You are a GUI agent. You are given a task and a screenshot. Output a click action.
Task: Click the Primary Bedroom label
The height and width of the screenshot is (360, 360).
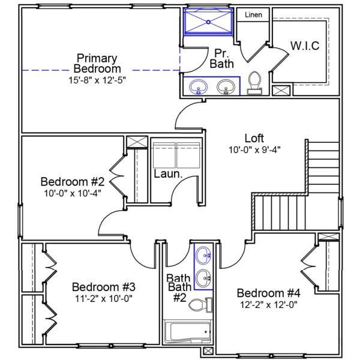[x=96, y=64]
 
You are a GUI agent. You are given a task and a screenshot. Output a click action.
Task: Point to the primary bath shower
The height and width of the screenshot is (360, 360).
[x=208, y=22]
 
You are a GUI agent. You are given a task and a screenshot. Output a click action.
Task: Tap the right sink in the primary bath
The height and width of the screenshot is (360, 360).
[x=226, y=88]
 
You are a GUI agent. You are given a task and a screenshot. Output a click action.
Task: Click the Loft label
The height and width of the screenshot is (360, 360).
[x=254, y=138]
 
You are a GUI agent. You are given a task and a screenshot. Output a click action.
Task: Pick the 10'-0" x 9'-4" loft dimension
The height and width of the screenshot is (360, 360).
[x=254, y=150]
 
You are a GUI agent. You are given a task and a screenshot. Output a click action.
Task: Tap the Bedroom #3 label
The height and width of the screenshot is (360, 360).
[x=99, y=286]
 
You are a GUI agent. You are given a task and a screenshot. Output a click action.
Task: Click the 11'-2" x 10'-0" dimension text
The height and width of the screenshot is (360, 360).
[x=99, y=298]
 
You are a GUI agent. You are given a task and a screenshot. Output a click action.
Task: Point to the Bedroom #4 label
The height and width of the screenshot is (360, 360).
[x=268, y=293]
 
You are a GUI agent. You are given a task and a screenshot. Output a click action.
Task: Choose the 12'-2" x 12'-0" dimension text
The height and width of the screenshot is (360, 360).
[x=268, y=304]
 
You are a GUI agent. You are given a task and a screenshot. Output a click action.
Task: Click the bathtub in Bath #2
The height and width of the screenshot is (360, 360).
[x=188, y=331]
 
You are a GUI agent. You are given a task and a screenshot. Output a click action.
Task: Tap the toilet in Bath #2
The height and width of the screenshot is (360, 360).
[x=198, y=305]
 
